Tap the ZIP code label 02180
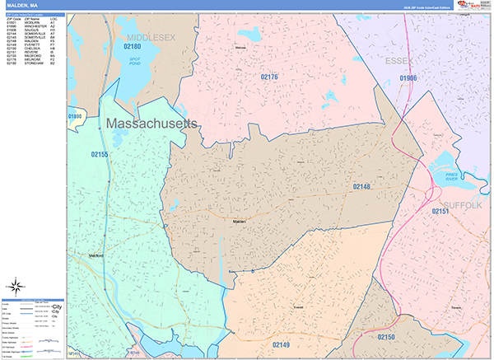pos(133,48)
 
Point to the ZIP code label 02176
pos(269,77)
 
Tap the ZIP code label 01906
pos(409,77)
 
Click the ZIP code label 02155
pos(100,154)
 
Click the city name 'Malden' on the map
pos(239,222)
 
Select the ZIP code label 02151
pos(440,213)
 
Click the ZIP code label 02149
pos(282,344)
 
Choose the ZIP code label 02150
pos(386,338)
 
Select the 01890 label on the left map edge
pos(76,118)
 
